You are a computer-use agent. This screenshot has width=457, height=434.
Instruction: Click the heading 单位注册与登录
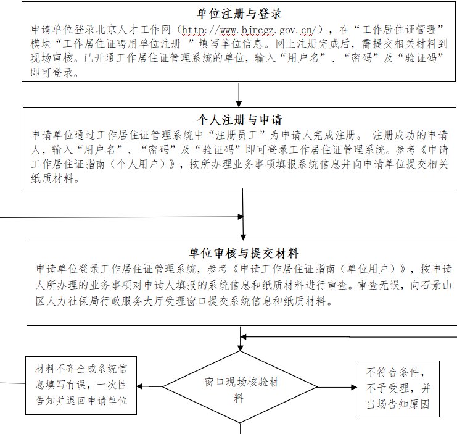[x=240, y=14]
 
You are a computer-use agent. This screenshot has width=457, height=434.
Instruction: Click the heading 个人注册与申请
[x=239, y=119]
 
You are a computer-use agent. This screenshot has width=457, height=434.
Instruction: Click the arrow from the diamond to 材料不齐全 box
[x=149, y=387]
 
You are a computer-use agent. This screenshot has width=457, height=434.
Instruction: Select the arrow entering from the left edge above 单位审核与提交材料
[x=123, y=217]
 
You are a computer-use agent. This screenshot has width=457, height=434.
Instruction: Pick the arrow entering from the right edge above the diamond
[x=345, y=337]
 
